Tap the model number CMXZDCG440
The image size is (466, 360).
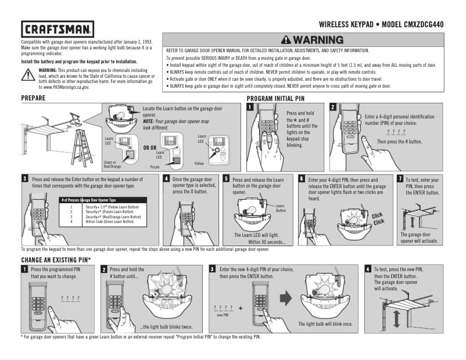click(x=433, y=25)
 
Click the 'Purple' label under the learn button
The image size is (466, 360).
click(x=155, y=167)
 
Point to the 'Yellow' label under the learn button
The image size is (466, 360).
click(x=199, y=164)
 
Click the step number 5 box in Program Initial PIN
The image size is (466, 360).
click(x=227, y=179)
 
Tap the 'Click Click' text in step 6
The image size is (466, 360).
click(x=378, y=219)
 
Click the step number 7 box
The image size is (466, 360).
click(x=400, y=179)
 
